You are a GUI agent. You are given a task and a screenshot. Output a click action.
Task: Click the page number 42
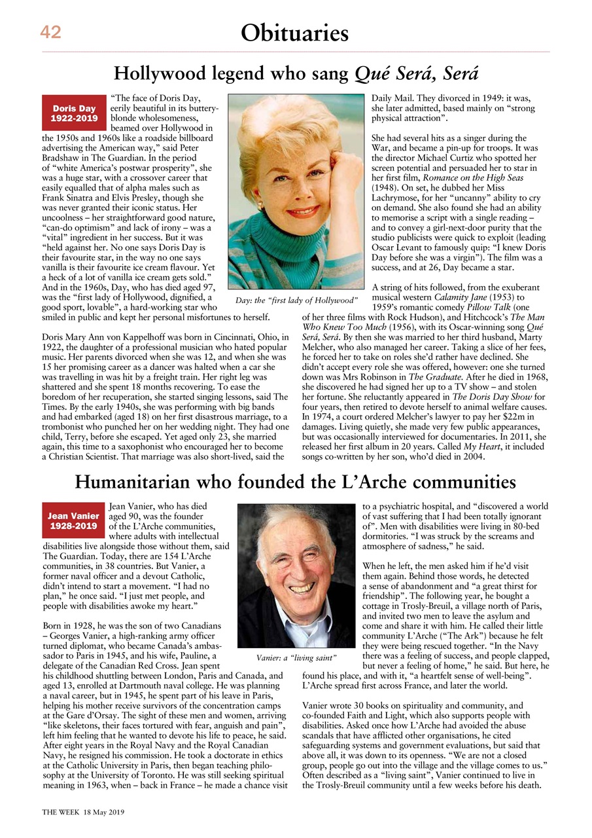[51, 31]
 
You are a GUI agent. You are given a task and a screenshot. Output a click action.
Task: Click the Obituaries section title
[294, 32]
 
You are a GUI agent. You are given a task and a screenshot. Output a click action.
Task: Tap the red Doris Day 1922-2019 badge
[74, 113]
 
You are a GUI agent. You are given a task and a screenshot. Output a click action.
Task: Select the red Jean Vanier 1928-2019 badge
[74, 520]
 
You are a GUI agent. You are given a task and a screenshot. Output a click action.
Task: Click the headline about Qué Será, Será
[296, 73]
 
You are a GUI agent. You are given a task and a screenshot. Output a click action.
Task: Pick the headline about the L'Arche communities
[295, 482]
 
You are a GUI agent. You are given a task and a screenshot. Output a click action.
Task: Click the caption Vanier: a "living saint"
[296, 656]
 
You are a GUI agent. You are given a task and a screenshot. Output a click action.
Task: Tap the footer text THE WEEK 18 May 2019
[83, 811]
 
